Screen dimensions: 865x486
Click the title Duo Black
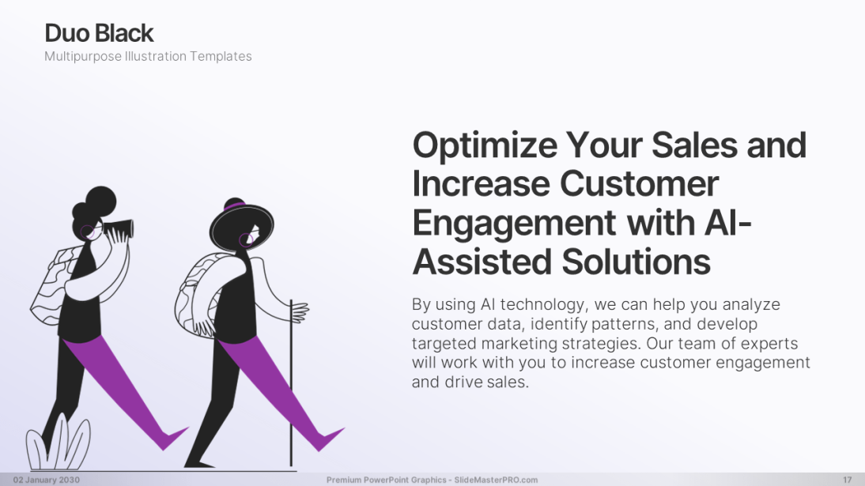99,33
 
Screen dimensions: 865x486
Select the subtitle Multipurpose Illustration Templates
148,56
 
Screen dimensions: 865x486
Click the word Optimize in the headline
485,145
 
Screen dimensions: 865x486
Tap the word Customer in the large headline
639,183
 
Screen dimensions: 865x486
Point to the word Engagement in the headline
514,224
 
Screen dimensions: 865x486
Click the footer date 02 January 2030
47,480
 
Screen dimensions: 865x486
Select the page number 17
847,480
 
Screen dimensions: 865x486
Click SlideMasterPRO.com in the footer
496,480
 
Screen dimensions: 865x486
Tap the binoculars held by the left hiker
119,229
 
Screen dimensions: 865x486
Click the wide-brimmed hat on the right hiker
241,225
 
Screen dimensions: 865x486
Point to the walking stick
291,383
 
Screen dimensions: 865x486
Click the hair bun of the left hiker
101,200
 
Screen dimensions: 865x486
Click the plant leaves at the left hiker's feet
58,445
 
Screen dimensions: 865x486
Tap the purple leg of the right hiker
276,386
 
